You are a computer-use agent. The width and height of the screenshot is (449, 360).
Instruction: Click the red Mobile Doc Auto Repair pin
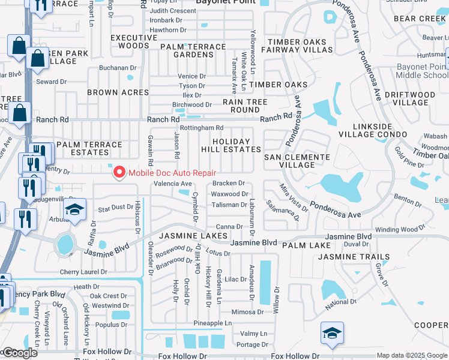[x=119, y=173]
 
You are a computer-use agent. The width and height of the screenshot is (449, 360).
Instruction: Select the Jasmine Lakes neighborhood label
[x=193, y=236]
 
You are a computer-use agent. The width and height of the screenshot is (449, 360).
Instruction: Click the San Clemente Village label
[x=297, y=161]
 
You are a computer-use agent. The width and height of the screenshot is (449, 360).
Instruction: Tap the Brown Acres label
[x=118, y=92]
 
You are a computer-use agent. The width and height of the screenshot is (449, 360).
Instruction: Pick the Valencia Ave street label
[x=173, y=184]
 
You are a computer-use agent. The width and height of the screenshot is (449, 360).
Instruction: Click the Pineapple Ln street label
[x=212, y=323]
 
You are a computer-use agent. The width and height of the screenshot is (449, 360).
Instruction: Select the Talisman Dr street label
[x=229, y=205]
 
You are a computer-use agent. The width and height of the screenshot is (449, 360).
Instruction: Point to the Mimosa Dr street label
[x=248, y=312]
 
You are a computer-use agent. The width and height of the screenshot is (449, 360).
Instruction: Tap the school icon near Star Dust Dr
[x=74, y=210]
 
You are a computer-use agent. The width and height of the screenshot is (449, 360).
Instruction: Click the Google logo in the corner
[x=19, y=353]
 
